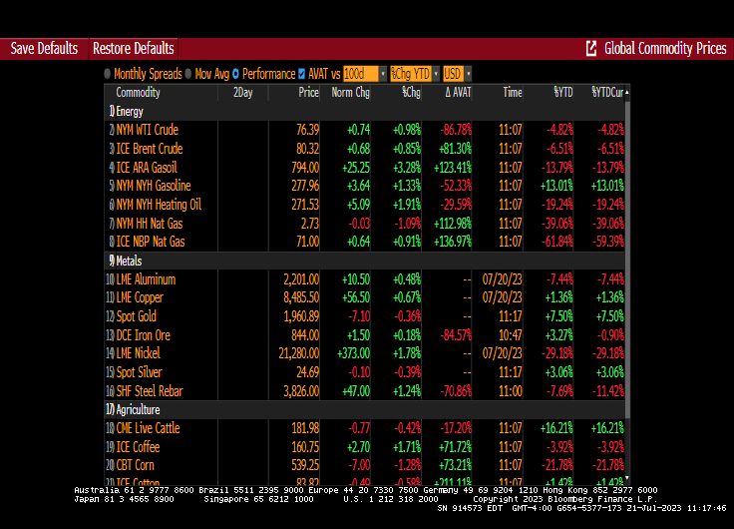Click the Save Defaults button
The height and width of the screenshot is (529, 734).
(x=44, y=48)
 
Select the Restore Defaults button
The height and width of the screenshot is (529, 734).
(x=133, y=48)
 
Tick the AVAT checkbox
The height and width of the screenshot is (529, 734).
(x=302, y=74)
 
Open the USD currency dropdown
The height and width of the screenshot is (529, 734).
(x=457, y=74)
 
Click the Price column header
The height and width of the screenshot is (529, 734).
(x=308, y=93)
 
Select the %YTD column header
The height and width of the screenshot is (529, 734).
(x=562, y=93)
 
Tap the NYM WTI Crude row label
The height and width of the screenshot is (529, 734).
(x=147, y=130)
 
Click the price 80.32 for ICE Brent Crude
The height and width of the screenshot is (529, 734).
(x=306, y=149)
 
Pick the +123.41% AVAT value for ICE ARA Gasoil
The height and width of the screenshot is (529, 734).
(x=450, y=168)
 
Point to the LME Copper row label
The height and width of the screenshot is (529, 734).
(x=140, y=297)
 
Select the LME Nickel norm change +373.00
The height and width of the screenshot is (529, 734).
(x=350, y=353)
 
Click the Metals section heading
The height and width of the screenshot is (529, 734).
(x=129, y=261)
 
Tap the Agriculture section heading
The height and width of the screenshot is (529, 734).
(x=138, y=409)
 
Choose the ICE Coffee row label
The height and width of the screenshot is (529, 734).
(x=139, y=446)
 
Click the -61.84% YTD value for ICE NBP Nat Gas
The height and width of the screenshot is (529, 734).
(x=556, y=242)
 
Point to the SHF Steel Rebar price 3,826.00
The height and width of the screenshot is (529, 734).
(x=298, y=391)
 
